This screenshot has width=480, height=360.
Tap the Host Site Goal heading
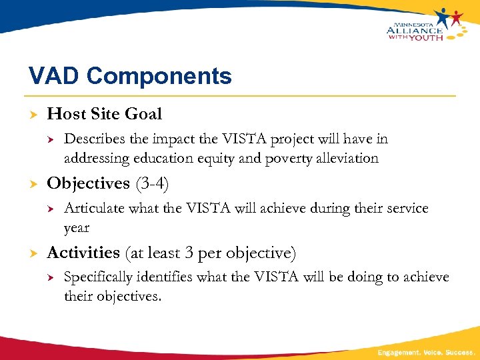[104, 114]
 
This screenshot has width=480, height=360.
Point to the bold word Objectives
[88, 183]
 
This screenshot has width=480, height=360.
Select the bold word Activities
[83, 253]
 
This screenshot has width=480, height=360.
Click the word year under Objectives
[76, 228]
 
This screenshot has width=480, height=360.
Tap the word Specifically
[98, 277]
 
